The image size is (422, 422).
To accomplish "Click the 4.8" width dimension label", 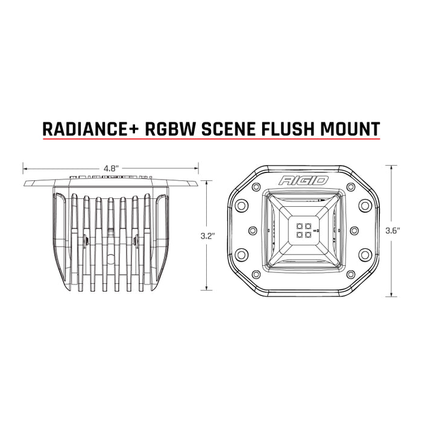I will click(110, 169).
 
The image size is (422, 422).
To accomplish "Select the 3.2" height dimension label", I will click(207, 237).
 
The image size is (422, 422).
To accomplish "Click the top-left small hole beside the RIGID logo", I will click(261, 179).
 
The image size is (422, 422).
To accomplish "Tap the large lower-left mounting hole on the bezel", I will click(241, 255).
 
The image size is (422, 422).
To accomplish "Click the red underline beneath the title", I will click(211, 140).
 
